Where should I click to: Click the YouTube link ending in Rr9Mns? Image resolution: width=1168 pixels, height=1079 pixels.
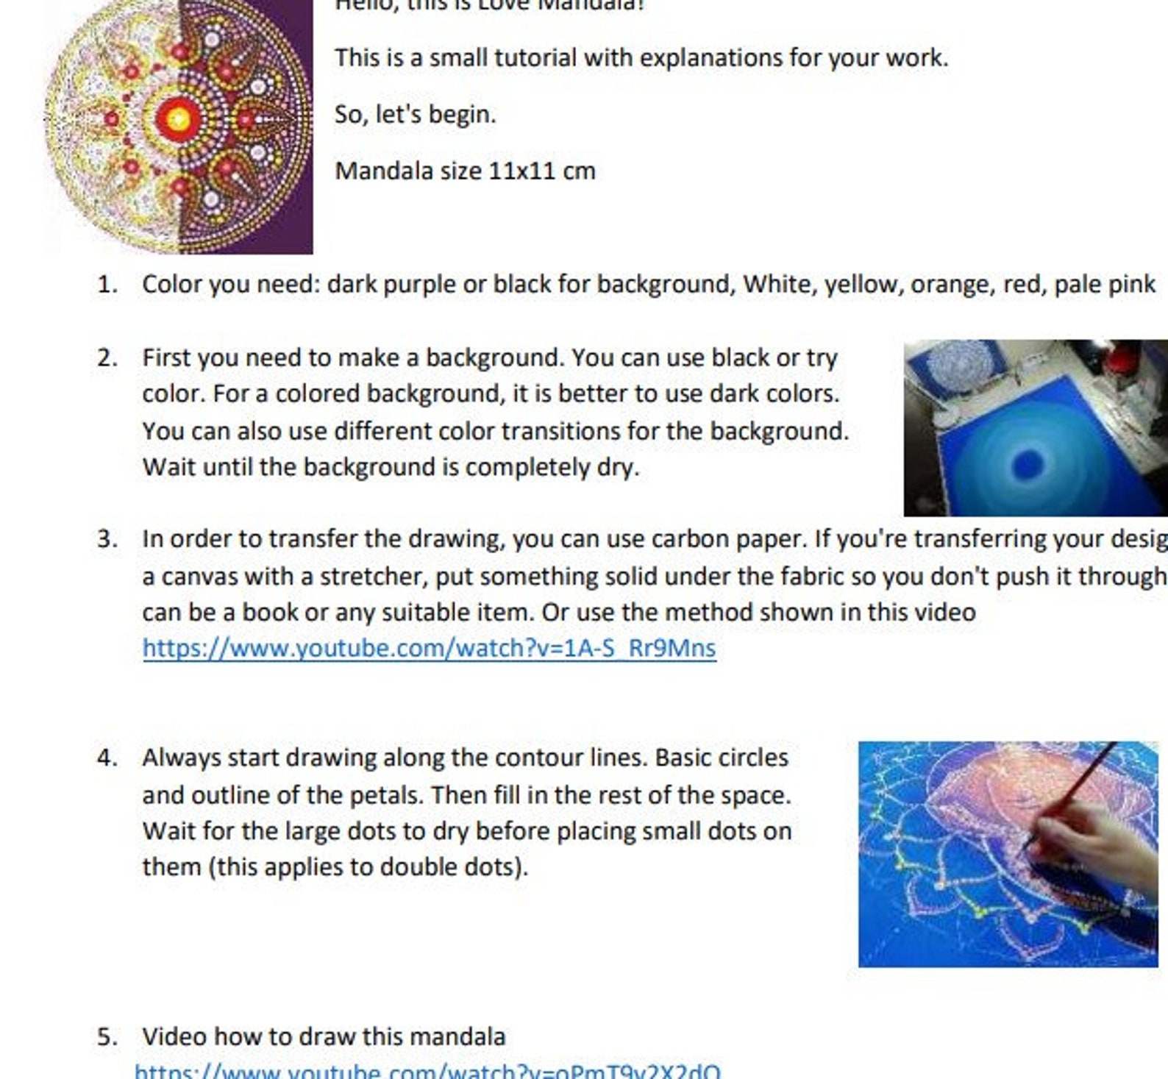(429, 649)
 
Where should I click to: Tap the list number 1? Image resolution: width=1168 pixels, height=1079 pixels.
(107, 285)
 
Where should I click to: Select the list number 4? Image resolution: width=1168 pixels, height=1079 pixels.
(107, 758)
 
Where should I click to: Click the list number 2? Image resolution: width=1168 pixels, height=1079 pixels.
(107, 358)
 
